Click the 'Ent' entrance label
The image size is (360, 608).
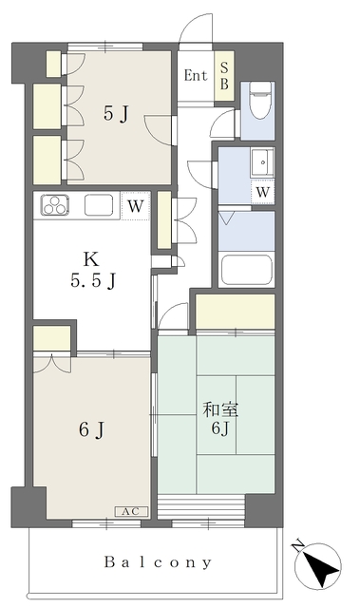[x=196, y=75]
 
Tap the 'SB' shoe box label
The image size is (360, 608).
[x=224, y=75]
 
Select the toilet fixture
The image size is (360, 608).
[x=257, y=101]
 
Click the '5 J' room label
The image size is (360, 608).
[x=116, y=114]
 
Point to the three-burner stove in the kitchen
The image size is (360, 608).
[x=53, y=205]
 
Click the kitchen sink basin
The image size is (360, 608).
[x=100, y=205]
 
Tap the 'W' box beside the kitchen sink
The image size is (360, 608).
[x=135, y=204]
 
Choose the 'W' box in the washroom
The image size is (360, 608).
[x=261, y=191]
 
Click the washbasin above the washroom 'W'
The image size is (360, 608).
[x=261, y=162]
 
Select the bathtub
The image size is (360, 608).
[x=247, y=269]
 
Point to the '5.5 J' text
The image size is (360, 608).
[x=91, y=280]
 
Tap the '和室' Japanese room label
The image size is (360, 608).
[x=219, y=410]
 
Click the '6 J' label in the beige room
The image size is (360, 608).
[x=91, y=430]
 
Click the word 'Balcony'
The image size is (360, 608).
[x=158, y=562]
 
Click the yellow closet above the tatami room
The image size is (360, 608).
[x=235, y=311]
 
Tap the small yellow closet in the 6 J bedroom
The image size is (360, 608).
[x=53, y=338]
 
